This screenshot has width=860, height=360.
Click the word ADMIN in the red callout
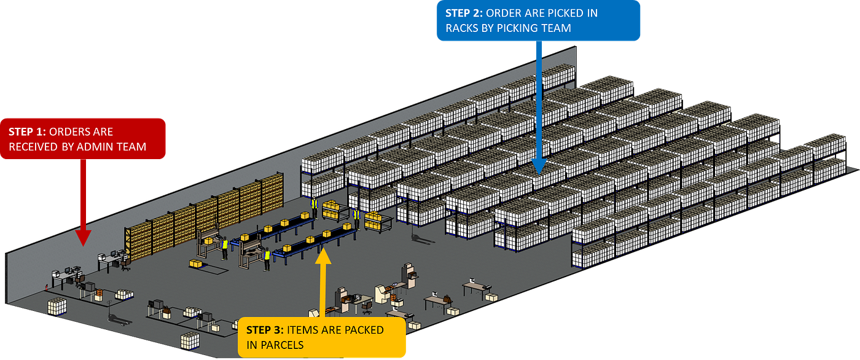pos(92,147)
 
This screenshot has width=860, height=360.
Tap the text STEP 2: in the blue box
pos(464,13)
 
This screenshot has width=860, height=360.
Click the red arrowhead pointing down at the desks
pos(83,238)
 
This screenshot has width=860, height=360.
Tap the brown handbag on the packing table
pos(447,298)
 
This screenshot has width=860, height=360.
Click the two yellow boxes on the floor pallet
pos(196,264)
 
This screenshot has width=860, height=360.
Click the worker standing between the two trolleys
pos(357,218)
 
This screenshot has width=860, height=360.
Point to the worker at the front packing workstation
pos(267,259)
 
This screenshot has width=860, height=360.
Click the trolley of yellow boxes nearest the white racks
pos(378,222)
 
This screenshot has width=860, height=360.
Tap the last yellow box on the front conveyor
pos(347,227)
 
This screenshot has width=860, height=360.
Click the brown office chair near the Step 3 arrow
pos(367,307)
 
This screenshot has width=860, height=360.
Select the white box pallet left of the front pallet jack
pos(57,307)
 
